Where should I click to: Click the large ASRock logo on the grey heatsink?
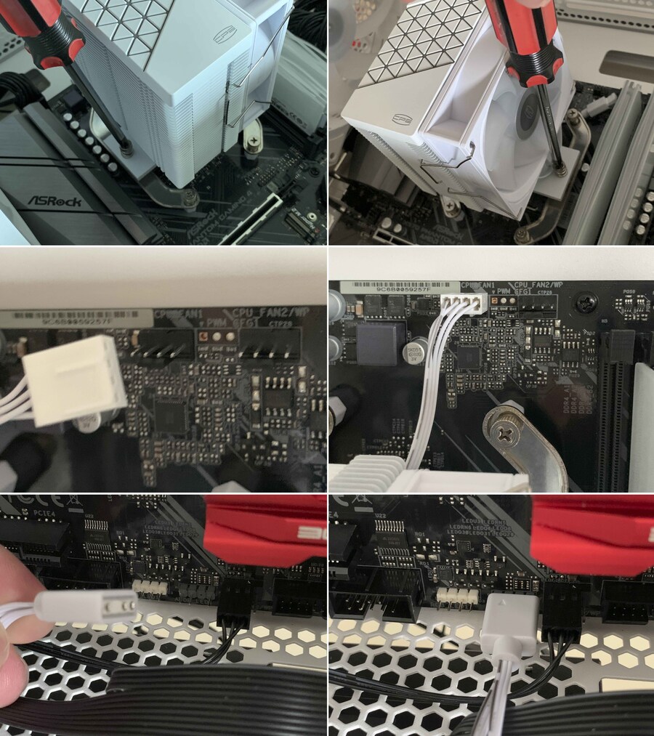54,200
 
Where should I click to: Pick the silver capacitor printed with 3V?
413,352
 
